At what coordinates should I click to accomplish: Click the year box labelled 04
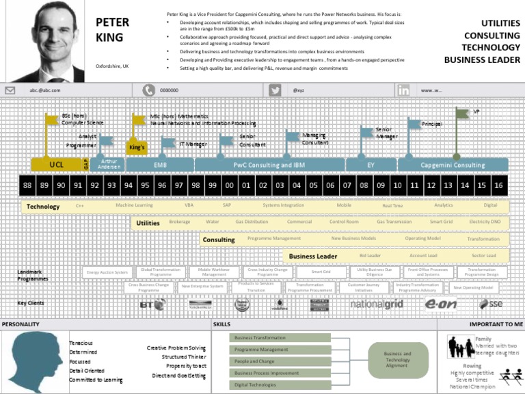coord(296,185)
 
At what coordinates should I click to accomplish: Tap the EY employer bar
coord(371,165)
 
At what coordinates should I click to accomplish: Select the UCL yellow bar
coord(56,165)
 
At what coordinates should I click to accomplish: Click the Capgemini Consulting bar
coord(453,165)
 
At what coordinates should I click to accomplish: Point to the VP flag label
coord(476,111)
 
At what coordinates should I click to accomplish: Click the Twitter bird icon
coord(275,90)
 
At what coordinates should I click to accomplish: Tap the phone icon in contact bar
coord(148,90)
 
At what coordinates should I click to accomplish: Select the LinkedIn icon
coord(404,90)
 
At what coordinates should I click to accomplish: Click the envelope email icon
coord(10,90)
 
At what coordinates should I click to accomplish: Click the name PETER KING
coord(113,29)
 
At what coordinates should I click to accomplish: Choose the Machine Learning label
coord(134,205)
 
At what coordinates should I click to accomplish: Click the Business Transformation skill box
coord(280,338)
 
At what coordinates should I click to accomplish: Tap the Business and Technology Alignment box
coord(398,359)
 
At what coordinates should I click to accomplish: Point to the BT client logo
coord(151,304)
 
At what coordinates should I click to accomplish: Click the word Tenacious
coord(81,343)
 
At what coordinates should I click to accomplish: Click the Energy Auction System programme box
coord(107,272)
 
